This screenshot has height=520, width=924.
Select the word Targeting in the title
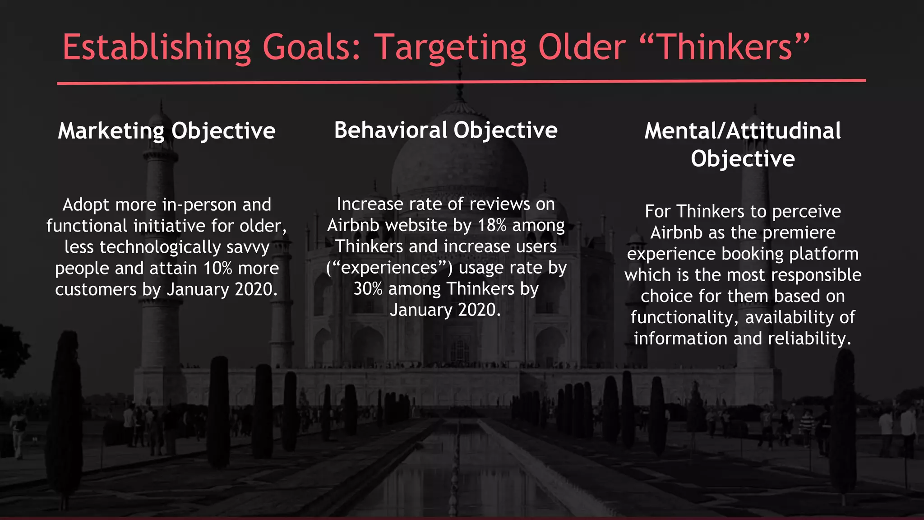pyautogui.click(x=451, y=47)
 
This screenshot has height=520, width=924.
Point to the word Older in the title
pyautogui.click(x=582, y=47)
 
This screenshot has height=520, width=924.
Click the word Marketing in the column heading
pyautogui.click(x=111, y=131)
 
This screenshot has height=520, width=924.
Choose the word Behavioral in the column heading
pyautogui.click(x=390, y=130)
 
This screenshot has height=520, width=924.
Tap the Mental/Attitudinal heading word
pyautogui.click(x=742, y=131)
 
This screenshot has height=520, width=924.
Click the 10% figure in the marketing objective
pyautogui.click(x=217, y=268)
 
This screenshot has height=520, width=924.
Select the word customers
pyautogui.click(x=96, y=289)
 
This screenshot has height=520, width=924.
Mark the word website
pyautogui.click(x=418, y=225)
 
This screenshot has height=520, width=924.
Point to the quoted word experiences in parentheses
pyautogui.click(x=389, y=268)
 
